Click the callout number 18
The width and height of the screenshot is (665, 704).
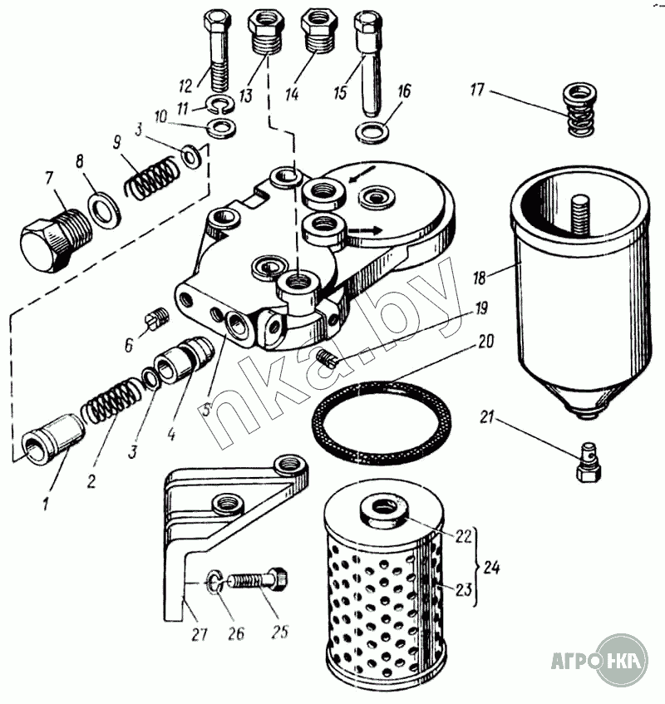(480, 278)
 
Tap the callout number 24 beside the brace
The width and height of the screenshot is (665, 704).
(491, 568)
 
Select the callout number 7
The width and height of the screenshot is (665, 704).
(49, 178)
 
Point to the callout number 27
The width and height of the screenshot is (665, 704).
(199, 633)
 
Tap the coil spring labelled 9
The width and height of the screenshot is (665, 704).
(150, 177)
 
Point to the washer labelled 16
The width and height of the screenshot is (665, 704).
(372, 131)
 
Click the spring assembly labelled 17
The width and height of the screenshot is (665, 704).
(579, 109)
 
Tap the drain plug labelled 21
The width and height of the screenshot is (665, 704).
(589, 462)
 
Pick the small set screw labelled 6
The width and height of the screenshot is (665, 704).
(157, 318)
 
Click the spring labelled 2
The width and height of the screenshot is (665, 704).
(111, 401)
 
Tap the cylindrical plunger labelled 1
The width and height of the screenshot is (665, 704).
(53, 439)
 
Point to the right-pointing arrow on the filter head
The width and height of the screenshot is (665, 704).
(366, 230)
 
